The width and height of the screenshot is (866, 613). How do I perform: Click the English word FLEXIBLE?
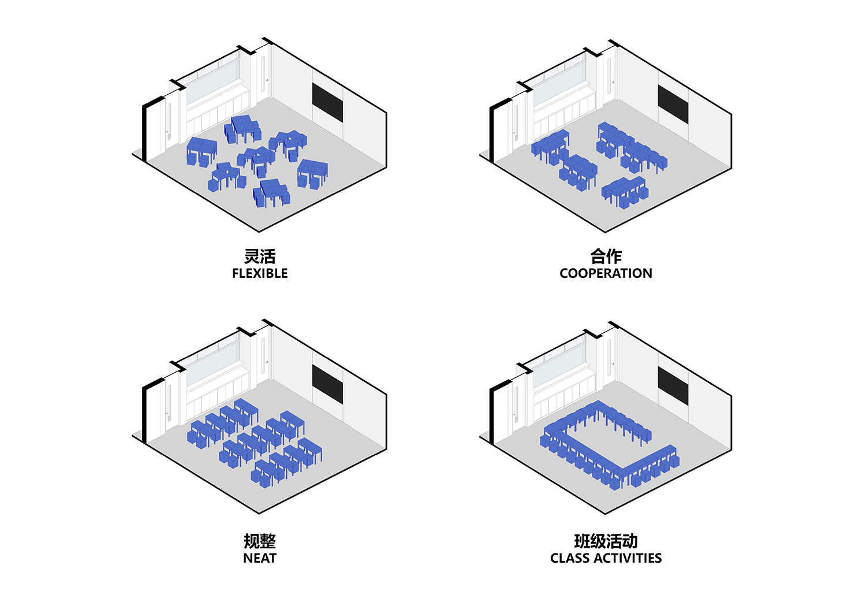pyautogui.click(x=260, y=273)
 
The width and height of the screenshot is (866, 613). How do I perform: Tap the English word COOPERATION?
pyautogui.click(x=606, y=273)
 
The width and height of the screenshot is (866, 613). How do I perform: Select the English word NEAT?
pyautogui.click(x=260, y=558)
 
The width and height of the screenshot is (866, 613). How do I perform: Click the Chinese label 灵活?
pyautogui.click(x=260, y=256)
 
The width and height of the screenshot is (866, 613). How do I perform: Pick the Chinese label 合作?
pyautogui.click(x=606, y=256)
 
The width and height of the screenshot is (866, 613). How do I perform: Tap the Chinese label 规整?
pyautogui.click(x=260, y=541)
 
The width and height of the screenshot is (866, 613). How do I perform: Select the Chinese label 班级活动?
pyautogui.click(x=606, y=541)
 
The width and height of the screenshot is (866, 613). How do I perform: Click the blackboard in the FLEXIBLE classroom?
pyautogui.click(x=327, y=103)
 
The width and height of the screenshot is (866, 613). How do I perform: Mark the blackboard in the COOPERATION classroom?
pyautogui.click(x=673, y=105)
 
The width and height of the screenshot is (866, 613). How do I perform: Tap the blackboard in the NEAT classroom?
pyautogui.click(x=327, y=384)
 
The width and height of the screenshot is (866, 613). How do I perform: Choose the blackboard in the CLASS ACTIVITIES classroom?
pyautogui.click(x=673, y=386)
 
